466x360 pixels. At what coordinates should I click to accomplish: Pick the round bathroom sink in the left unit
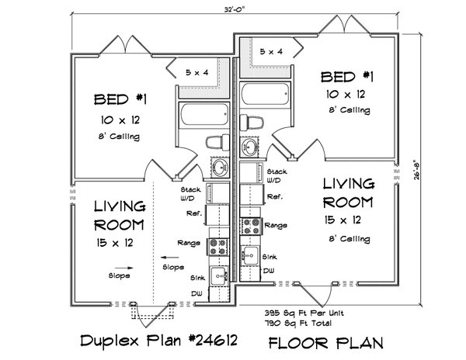(218, 168)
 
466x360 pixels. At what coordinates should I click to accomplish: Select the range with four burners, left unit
(217, 246)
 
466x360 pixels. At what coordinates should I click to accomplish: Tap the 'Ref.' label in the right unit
(274, 197)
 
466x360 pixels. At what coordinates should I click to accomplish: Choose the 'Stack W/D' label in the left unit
(191, 192)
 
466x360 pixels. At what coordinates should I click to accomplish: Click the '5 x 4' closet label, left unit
(198, 72)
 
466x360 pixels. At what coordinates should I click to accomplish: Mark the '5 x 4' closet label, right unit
(271, 52)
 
